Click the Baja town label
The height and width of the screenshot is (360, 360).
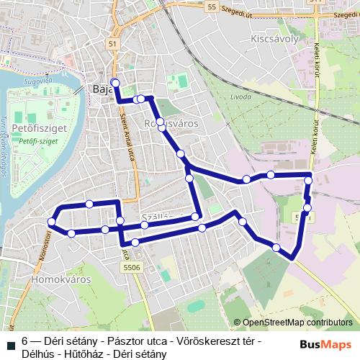(x=100, y=90)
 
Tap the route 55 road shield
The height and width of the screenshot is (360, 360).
(x=210, y=6)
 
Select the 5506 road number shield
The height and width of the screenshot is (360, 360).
(x=131, y=266)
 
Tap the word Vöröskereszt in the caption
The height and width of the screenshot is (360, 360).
(x=204, y=341)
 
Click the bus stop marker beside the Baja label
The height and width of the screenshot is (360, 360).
(x=114, y=82)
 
